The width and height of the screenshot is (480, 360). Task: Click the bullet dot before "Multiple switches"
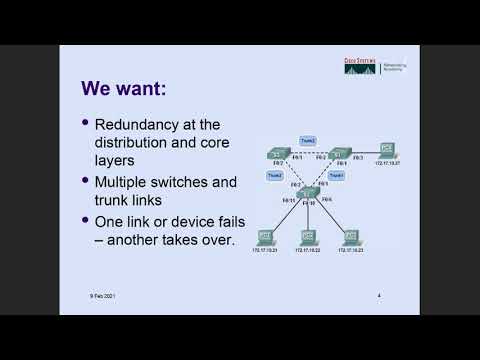click(85, 183)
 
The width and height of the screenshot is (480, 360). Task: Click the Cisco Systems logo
click(361, 69)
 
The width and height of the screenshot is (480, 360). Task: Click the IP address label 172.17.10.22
click(308, 251)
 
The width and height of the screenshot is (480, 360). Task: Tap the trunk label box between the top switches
click(308, 140)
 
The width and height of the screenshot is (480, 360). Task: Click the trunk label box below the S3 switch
click(274, 175)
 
